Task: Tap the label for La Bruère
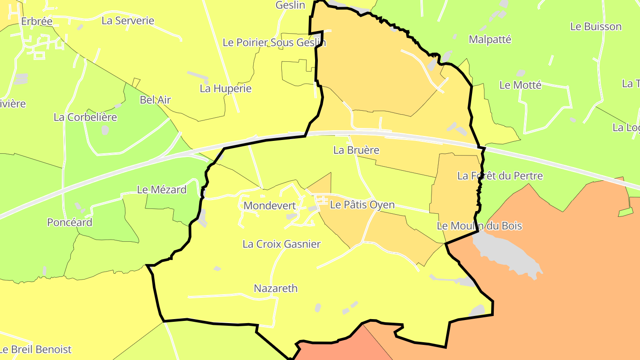(356, 150)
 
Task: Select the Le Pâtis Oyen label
(362, 205)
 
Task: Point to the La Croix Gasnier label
(281, 244)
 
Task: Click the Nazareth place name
(276, 288)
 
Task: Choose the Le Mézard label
(162, 190)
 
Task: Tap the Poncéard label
(70, 222)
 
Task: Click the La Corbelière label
(85, 117)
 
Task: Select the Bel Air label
(155, 100)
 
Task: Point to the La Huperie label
(226, 88)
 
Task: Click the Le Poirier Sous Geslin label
(274, 43)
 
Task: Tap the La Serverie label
(128, 20)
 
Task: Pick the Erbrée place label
(37, 21)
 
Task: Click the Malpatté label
(490, 40)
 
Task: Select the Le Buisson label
(596, 27)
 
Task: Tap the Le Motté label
(520, 85)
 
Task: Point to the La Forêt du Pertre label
(500, 176)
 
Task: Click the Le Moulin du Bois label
(479, 226)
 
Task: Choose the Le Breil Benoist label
(36, 349)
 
